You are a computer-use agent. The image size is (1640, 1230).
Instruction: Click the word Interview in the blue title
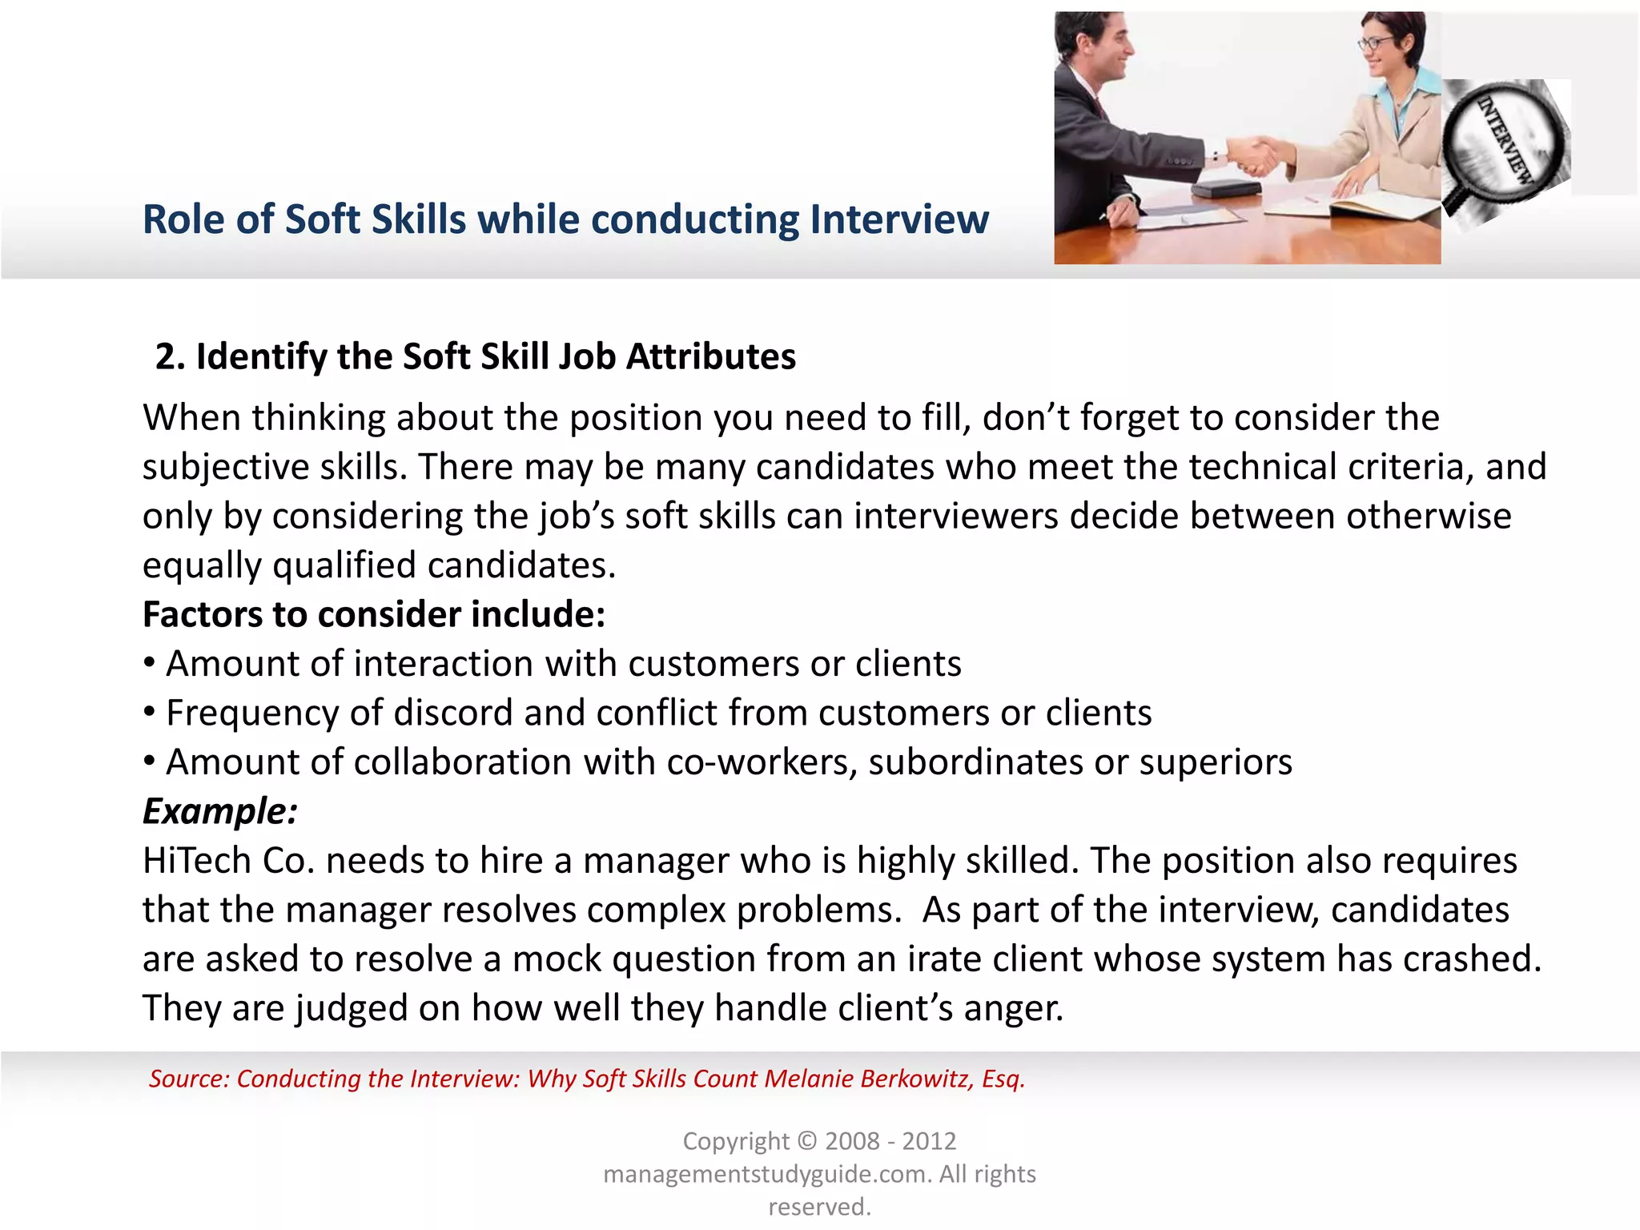tap(899, 219)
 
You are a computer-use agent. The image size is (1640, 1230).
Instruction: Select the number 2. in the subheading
tap(170, 357)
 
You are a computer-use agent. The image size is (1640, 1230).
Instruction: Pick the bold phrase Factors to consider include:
tap(374, 615)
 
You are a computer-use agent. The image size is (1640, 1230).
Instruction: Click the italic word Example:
tap(220, 811)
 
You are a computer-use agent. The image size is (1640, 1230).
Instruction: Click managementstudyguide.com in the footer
tap(766, 1174)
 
